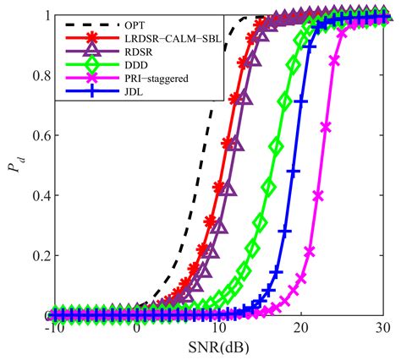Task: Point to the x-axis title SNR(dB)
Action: pos(217,348)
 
